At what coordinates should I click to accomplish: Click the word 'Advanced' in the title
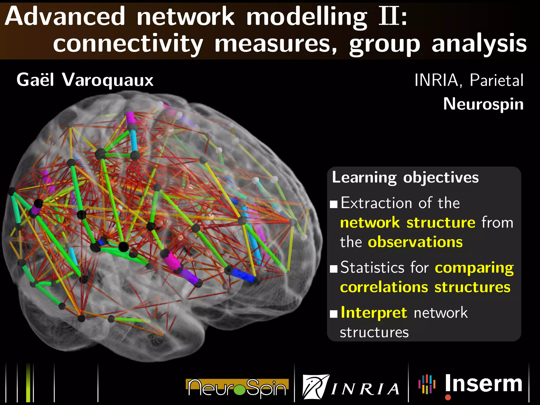[x=65, y=16]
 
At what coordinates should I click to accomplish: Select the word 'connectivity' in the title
[x=128, y=44]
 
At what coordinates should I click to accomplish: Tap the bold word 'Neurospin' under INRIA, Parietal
[x=483, y=104]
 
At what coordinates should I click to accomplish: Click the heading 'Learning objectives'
[x=405, y=177]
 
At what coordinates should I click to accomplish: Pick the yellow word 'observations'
[x=415, y=242]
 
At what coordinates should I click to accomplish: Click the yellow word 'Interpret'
[x=374, y=313]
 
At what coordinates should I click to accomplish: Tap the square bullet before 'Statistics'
[x=334, y=269]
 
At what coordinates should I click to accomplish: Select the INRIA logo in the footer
[x=351, y=387]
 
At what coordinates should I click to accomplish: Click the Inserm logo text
[x=484, y=384]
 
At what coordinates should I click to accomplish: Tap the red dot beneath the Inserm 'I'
[x=448, y=397]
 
